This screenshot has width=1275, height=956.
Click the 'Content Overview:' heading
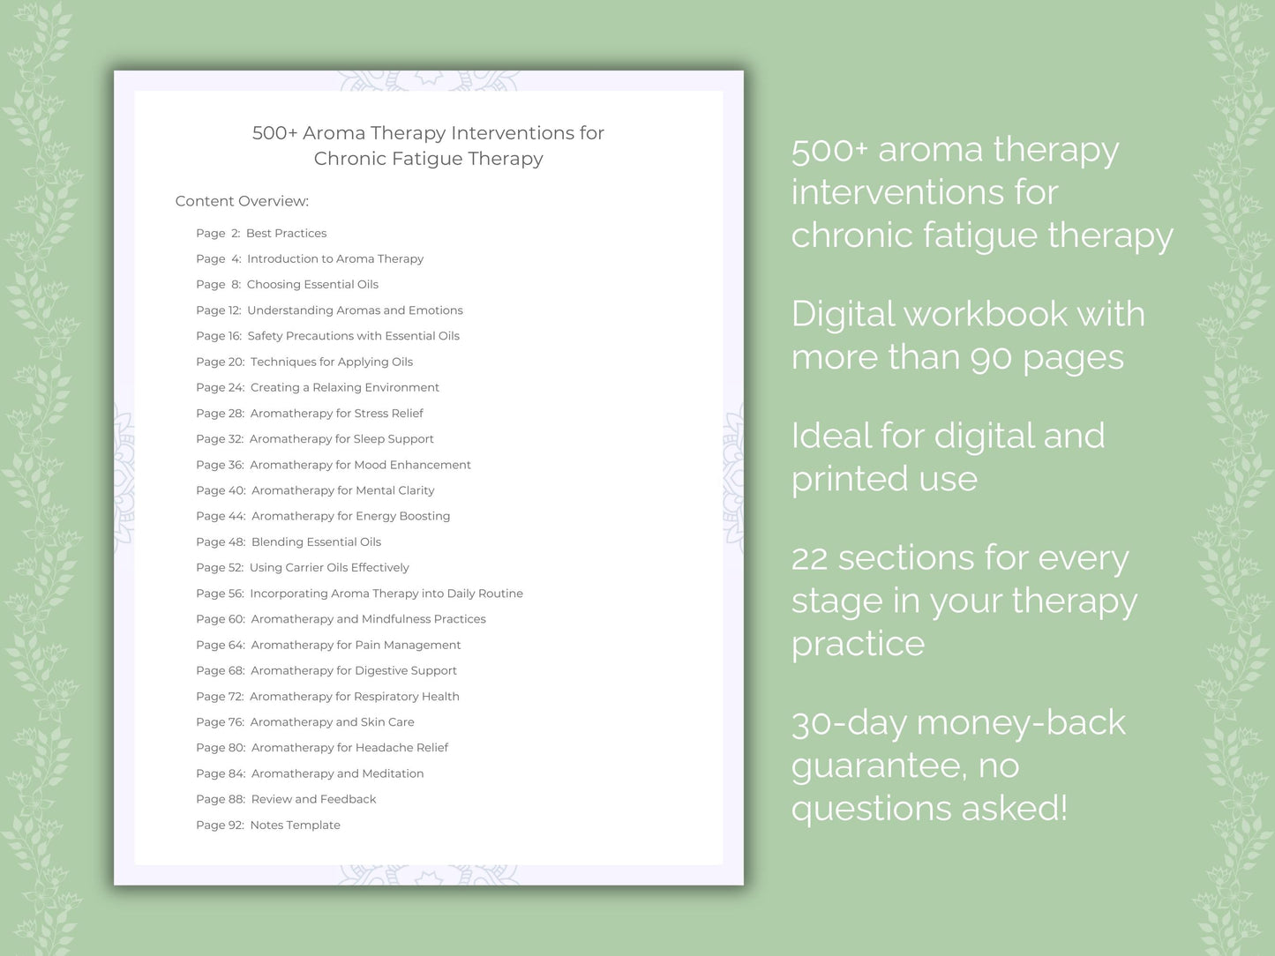coord(242,201)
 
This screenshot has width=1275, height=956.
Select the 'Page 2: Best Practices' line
coord(261,233)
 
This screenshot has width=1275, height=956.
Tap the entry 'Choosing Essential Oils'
coord(312,284)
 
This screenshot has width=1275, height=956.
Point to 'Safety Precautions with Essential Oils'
coord(353,335)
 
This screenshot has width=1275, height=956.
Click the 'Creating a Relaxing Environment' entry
coord(345,387)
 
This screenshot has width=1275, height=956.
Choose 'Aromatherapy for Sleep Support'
coord(341,439)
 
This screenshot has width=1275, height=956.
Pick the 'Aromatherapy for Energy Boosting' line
coord(351,516)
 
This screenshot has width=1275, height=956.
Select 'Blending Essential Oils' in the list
coord(316,541)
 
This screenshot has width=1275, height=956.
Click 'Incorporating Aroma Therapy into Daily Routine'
coord(386,594)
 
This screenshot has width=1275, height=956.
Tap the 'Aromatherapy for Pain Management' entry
coord(356,645)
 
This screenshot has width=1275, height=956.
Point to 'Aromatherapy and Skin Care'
coord(333,722)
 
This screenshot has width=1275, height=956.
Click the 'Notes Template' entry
coord(295,825)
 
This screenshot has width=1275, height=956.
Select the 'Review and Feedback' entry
coord(313,799)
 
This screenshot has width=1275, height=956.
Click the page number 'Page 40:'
coord(221,490)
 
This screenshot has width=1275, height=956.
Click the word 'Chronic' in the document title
coord(350,159)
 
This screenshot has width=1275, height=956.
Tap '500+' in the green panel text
coord(829,150)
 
